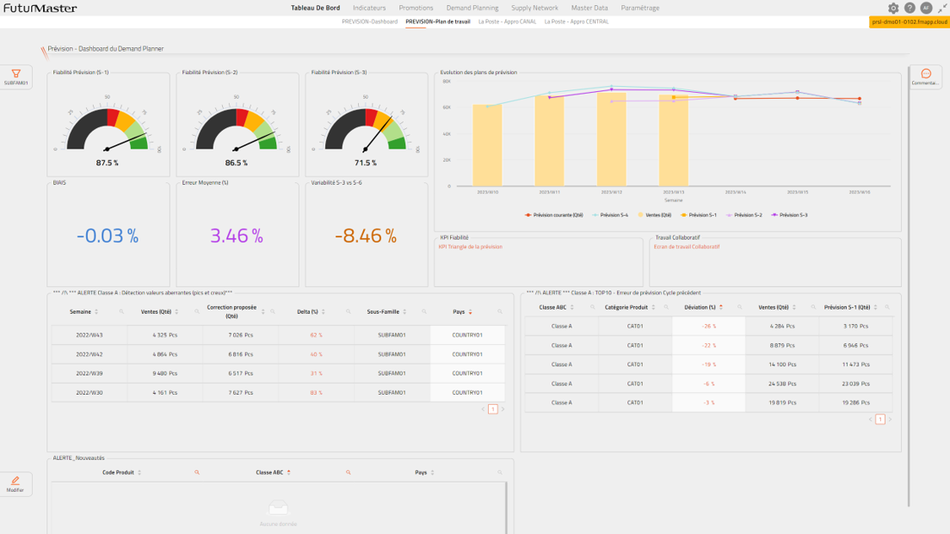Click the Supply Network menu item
[x=534, y=8]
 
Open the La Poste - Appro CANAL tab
[x=507, y=21]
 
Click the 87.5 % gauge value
[x=108, y=163]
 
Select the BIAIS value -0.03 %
[x=108, y=236]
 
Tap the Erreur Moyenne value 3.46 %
[x=237, y=236]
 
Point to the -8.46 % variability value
[x=366, y=236]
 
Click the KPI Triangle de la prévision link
[x=470, y=247]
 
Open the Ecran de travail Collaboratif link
[x=687, y=247]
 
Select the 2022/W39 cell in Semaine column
[x=89, y=373]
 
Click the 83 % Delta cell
[x=316, y=392]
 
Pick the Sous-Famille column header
[x=383, y=311]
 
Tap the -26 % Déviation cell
[x=709, y=326]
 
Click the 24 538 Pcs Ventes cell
[x=774, y=384]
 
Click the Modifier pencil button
[x=15, y=484]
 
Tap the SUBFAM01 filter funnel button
[x=15, y=77]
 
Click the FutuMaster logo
[x=40, y=8]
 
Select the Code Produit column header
[x=118, y=472]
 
